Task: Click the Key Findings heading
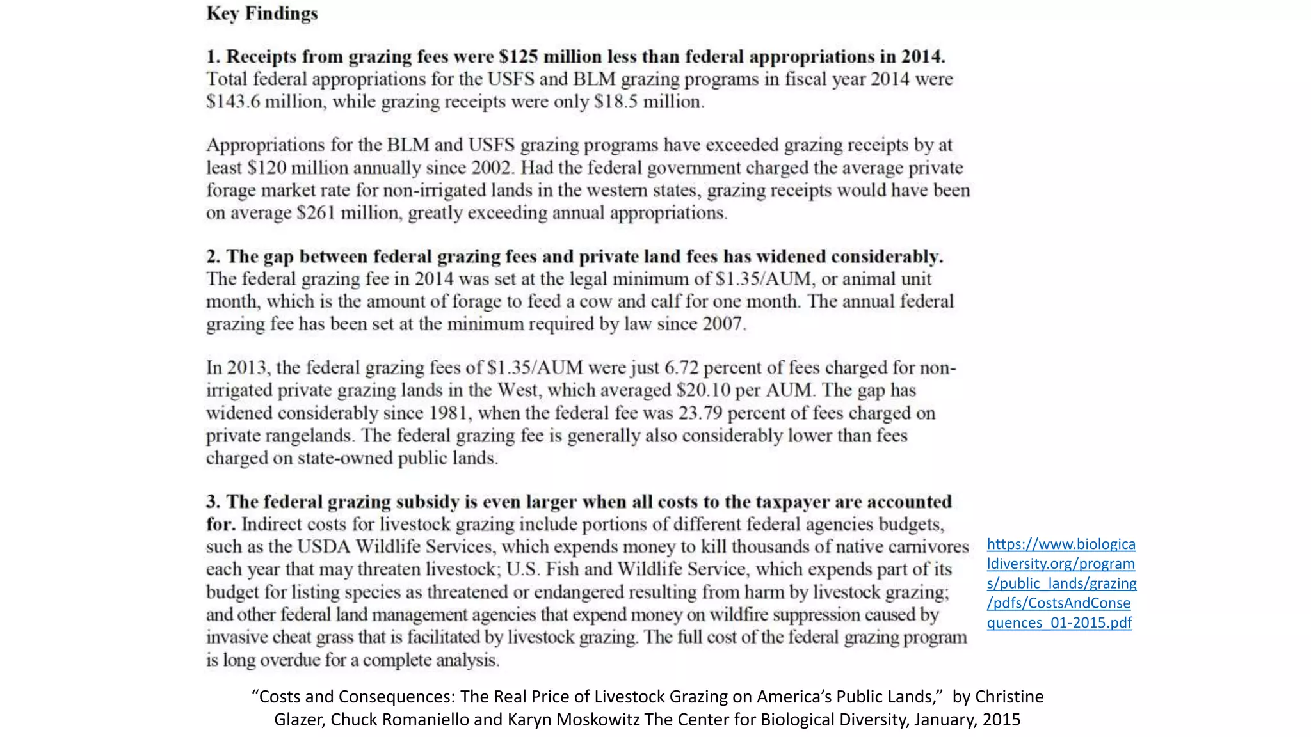[x=262, y=13]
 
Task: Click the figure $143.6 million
[x=264, y=102]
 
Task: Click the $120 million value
[x=298, y=168]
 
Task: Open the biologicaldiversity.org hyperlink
[x=1061, y=583]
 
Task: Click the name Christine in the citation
[x=1009, y=696]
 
